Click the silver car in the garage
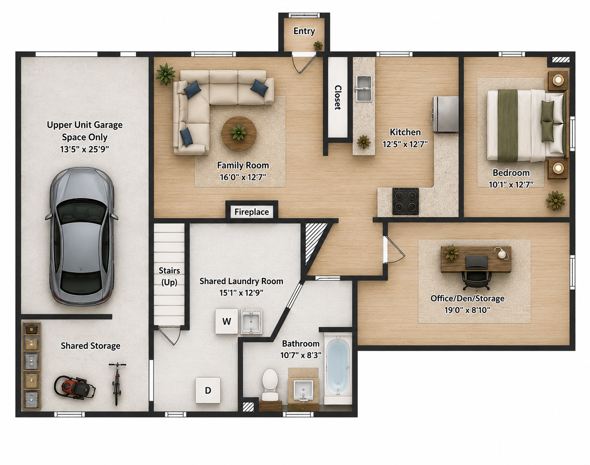81,237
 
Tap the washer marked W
226,321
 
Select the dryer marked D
208,390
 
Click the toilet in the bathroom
270,384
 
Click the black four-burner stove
405,201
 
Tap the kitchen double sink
364,88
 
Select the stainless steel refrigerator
445,114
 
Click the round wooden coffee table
239,134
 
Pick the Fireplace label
252,212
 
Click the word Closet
338,97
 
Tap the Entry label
304,31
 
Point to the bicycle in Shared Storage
117,383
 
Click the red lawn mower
74,387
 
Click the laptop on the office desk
477,262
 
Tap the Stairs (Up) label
169,276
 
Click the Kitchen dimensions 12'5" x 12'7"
405,144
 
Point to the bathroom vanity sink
303,390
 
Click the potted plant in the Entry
318,45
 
